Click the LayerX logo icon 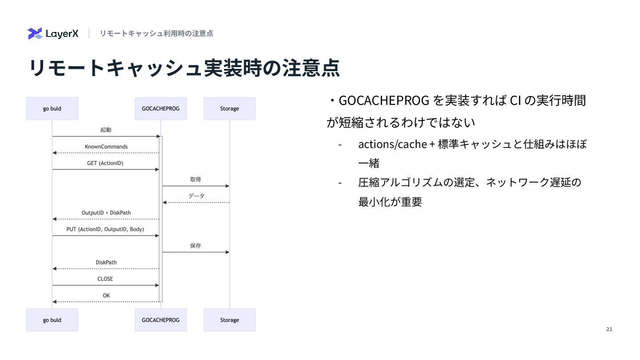click(35, 33)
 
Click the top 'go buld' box click(52, 108)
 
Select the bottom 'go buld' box click(52, 320)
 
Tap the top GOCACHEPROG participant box click(160, 108)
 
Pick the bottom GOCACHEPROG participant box click(160, 320)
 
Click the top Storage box click(229, 108)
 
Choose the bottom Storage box click(229, 320)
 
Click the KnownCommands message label click(106, 147)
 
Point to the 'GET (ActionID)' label click(105, 163)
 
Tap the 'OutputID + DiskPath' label click(106, 213)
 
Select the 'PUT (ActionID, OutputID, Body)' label click(105, 229)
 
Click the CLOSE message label click(105, 279)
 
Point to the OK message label click(106, 296)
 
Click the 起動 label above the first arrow click(106, 130)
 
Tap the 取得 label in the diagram click(196, 180)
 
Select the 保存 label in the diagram click(196, 246)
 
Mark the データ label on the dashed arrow click(196, 196)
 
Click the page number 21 click(609, 329)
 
